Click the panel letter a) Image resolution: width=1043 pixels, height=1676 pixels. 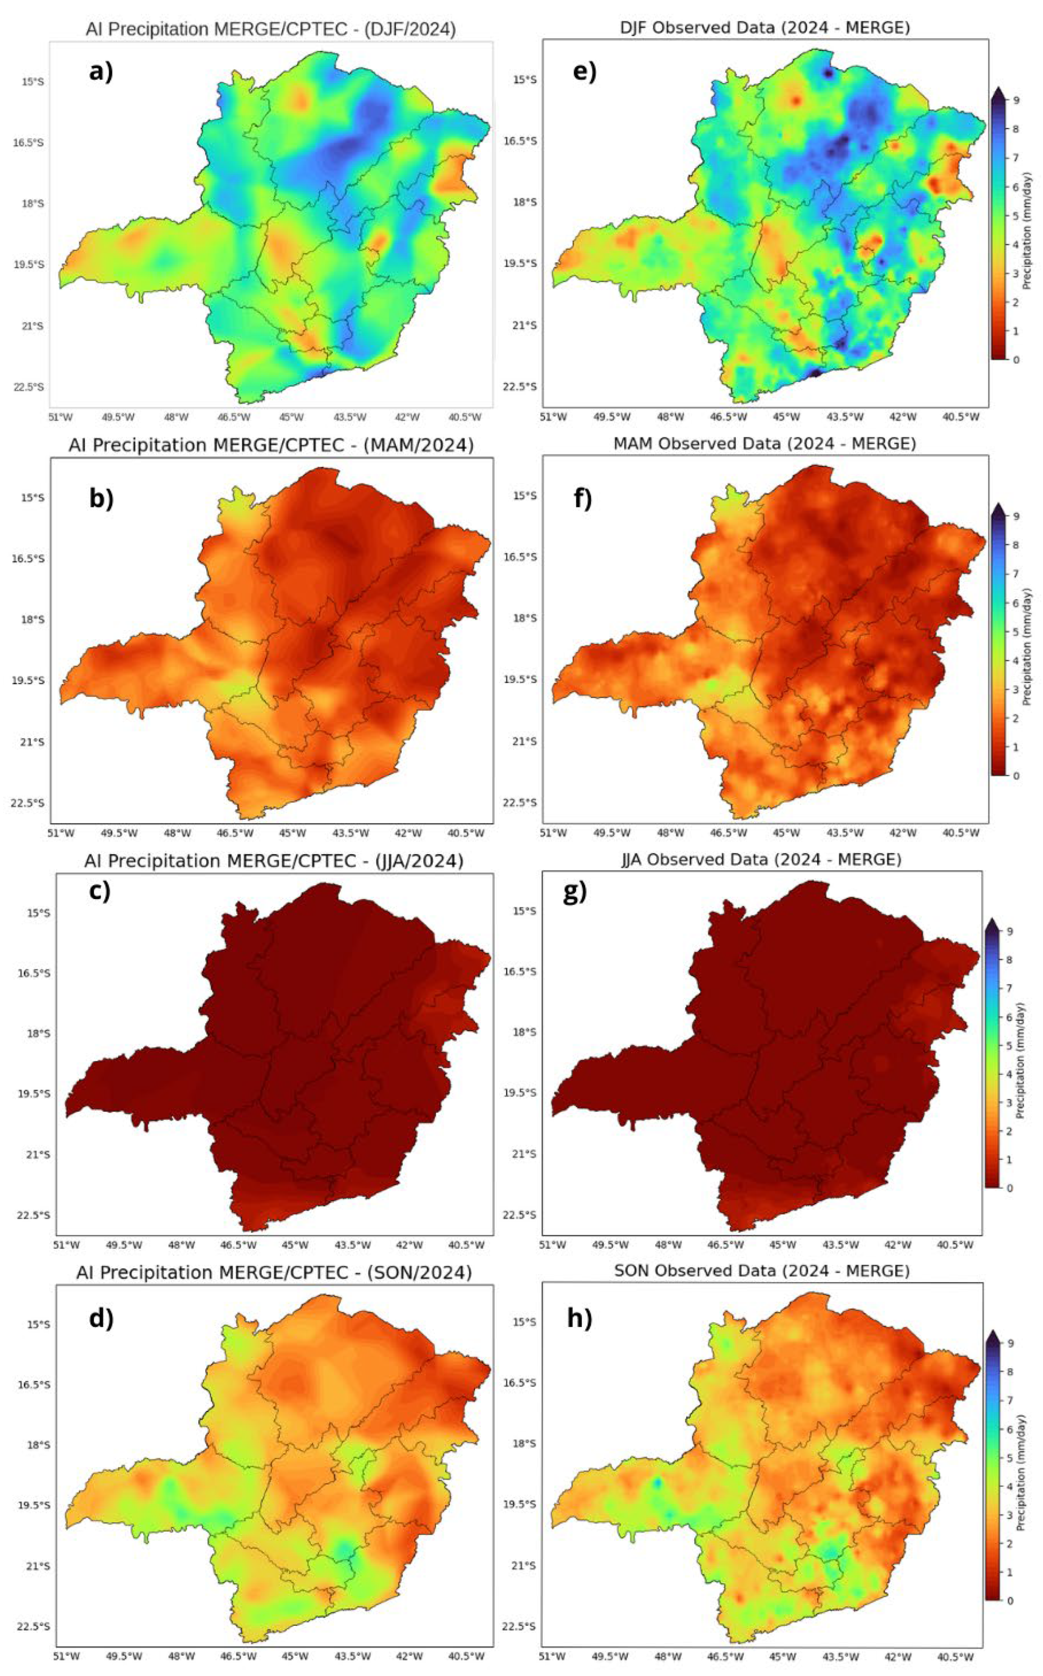101,72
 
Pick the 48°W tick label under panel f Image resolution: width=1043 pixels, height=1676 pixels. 670,833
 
